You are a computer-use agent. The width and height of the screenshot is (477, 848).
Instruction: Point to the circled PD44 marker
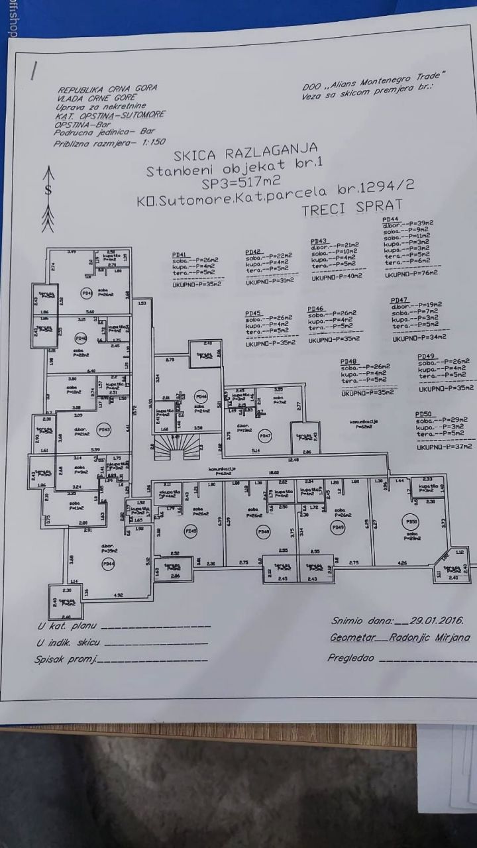108,564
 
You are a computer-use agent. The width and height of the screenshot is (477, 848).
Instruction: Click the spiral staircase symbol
176,449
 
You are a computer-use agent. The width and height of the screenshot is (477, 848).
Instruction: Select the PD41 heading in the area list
180,253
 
